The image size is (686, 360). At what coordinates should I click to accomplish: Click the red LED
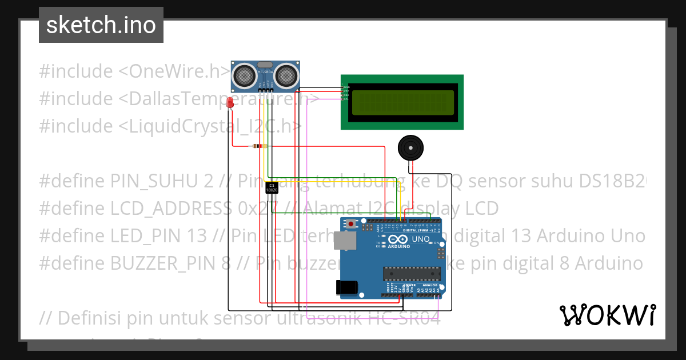point(230,102)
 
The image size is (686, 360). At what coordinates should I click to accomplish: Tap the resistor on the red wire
point(259,146)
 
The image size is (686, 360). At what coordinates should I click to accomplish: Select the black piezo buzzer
point(410,148)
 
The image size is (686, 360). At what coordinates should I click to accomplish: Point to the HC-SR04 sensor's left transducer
point(244,74)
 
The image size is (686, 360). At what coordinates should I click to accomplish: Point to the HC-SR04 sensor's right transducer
point(286,74)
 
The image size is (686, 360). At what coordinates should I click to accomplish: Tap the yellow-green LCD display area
point(402,102)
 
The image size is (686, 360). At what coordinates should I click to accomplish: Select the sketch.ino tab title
point(101,25)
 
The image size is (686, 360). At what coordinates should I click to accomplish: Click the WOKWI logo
point(607,315)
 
